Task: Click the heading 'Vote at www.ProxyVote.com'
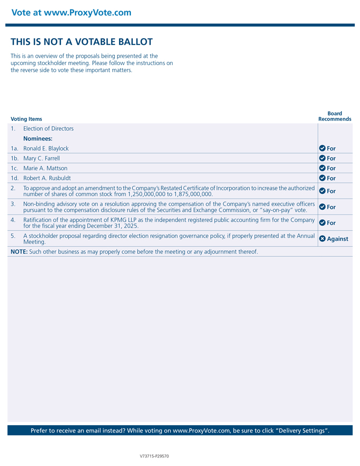71,13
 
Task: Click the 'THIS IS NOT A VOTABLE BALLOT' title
82,42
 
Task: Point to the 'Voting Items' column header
26,119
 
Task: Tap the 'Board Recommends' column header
335,116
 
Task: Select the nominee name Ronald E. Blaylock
46,148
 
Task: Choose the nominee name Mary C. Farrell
41,158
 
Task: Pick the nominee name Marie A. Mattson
45,168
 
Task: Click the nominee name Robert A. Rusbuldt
47,178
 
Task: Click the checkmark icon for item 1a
322,148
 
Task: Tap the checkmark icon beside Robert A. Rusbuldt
322,178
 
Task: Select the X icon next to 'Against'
322,239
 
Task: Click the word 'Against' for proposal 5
337,239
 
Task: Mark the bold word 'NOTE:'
19,252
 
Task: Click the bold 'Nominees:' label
38,138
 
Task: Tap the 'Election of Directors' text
48,129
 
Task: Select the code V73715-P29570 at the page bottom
155,456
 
